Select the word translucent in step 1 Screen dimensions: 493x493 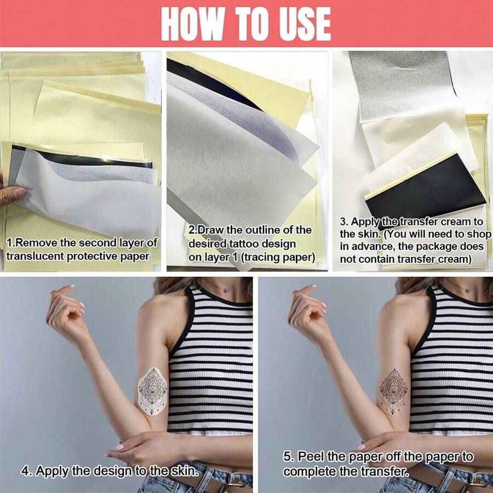point(35,256)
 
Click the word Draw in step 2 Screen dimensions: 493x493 point(211,230)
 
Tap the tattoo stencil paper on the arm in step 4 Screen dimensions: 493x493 point(152,392)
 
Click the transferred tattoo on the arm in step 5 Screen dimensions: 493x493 point(394,392)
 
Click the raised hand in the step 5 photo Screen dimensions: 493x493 point(307,311)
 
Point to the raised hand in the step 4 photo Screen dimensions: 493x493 point(66,311)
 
